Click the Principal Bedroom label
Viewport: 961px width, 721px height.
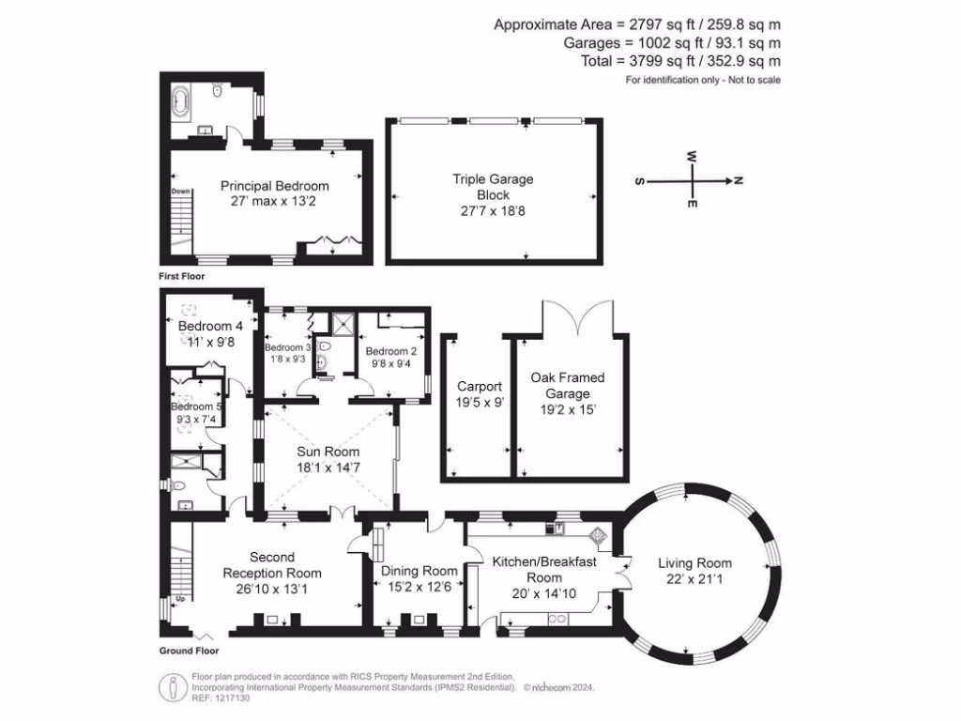coord(274,186)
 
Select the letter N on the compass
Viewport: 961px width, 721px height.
coord(739,180)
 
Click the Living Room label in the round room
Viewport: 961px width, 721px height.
coord(694,563)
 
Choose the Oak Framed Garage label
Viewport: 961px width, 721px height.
coord(568,386)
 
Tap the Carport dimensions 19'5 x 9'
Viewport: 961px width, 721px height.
coord(480,403)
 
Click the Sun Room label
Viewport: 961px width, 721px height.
coord(323,452)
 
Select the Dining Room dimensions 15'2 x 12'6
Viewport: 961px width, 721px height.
coord(419,587)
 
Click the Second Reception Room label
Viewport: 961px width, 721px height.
coord(271,565)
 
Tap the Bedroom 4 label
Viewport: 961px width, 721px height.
coord(210,326)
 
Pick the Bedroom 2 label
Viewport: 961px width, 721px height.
coord(393,351)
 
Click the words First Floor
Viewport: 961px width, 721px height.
coord(181,278)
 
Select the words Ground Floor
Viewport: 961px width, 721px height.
coord(188,651)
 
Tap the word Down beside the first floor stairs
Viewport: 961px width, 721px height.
coord(181,192)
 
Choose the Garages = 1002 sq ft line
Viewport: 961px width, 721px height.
coord(672,43)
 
